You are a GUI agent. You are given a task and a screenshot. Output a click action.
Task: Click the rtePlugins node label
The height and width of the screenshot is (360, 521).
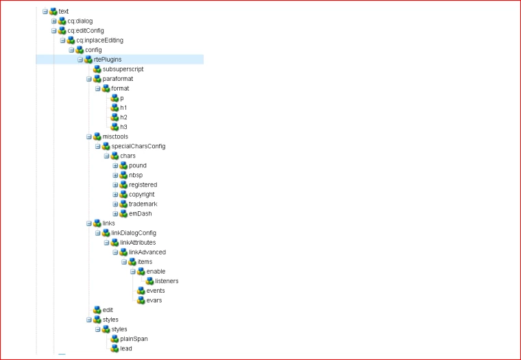point(108,60)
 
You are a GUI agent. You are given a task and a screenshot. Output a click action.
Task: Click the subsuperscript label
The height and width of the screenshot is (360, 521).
point(123,69)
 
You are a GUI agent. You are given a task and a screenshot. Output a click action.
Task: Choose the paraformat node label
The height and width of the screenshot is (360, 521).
point(117,79)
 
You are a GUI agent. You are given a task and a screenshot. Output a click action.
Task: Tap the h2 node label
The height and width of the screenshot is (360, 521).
point(123,117)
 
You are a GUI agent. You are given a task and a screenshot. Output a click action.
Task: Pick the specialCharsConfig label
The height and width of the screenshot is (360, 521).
point(138,146)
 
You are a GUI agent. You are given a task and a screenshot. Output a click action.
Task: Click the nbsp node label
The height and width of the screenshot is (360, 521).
point(136,175)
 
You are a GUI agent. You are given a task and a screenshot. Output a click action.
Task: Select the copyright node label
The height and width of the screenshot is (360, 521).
point(141,194)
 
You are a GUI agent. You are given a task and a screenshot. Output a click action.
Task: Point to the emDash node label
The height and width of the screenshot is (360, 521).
point(140,213)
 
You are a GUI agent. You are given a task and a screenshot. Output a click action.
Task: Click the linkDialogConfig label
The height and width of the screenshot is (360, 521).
point(138,232)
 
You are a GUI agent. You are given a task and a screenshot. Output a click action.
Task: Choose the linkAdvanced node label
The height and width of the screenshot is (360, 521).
point(147,252)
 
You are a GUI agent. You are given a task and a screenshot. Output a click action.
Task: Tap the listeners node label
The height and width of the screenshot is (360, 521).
point(167,280)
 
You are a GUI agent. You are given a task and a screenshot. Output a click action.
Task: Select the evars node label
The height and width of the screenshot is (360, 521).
point(154,300)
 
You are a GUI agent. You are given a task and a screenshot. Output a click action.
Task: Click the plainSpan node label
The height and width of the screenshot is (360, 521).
point(134,338)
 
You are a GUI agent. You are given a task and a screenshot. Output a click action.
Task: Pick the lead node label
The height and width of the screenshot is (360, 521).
point(125,348)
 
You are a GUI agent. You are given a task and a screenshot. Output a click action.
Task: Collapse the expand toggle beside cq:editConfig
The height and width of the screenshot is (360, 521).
point(53,31)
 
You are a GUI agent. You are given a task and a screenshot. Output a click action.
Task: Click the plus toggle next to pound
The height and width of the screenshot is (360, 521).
point(115,165)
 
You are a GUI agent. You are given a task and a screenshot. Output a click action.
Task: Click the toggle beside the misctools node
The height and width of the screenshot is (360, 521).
point(88,136)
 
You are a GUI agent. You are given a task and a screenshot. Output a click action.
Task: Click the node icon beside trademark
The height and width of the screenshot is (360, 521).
point(123,204)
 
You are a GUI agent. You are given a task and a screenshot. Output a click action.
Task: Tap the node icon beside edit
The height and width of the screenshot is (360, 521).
point(97,309)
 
